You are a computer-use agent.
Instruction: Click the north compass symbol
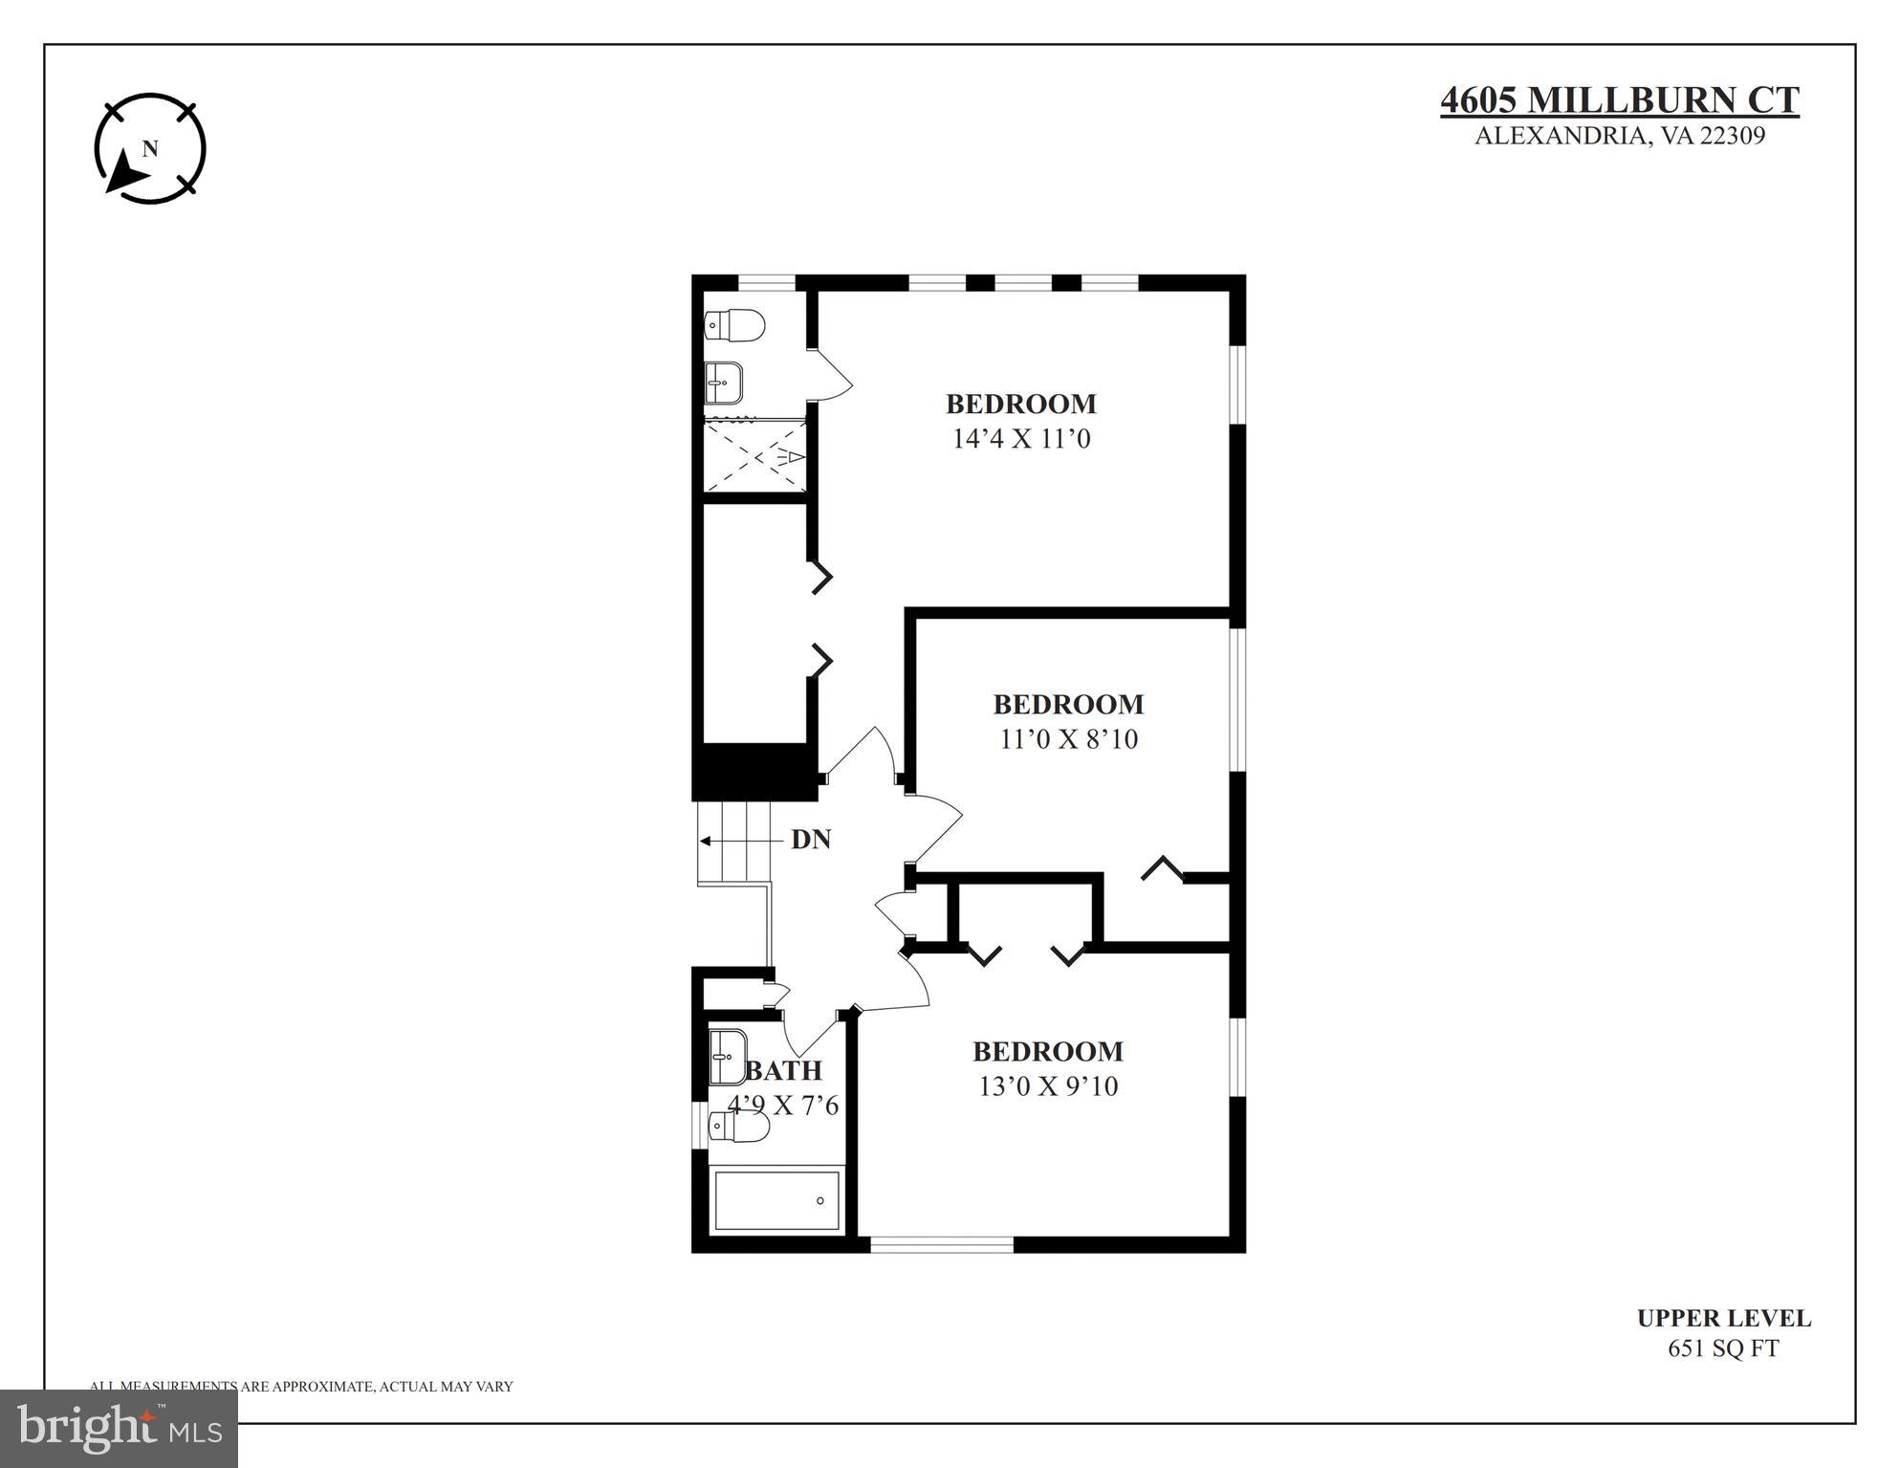pos(150,148)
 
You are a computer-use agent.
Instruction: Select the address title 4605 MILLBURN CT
pos(1619,100)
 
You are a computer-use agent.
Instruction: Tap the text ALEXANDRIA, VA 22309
pos(1619,136)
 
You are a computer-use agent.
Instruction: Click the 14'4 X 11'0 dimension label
pos(1021,439)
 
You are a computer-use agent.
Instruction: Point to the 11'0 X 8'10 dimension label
pos(1068,739)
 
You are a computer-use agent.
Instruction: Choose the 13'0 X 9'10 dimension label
pos(1048,1086)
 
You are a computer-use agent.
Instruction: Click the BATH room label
pos(784,1070)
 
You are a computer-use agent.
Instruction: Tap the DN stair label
pos(810,840)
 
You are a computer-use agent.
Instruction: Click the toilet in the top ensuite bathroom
pos(734,325)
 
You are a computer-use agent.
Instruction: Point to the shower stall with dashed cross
pos(755,457)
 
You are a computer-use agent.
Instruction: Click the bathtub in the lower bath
pos(776,1201)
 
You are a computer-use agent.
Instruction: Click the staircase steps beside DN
pos(733,842)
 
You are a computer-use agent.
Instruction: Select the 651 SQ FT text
pos(1723,1348)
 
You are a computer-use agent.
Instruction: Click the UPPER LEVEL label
pos(1723,1318)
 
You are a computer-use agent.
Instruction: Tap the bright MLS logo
pos(119,1428)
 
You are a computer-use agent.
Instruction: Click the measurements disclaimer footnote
pos(301,1386)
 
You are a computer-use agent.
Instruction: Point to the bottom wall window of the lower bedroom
pos(941,1244)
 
